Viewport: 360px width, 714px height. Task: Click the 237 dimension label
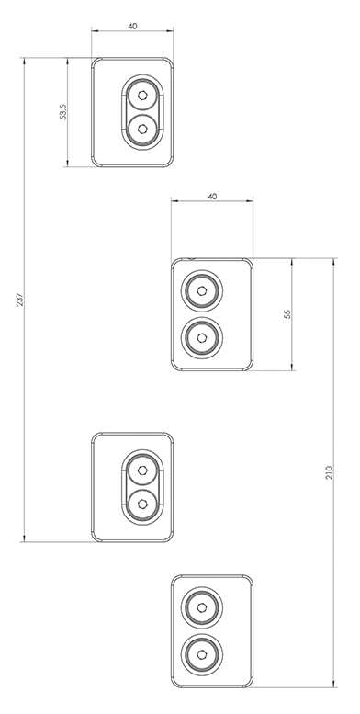click(x=19, y=300)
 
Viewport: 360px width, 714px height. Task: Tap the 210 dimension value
click(x=330, y=472)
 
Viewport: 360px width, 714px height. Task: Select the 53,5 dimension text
click(x=63, y=112)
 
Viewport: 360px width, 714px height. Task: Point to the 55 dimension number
click(x=287, y=314)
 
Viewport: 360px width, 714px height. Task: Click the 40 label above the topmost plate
click(x=132, y=27)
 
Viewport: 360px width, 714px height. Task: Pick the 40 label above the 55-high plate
click(x=212, y=197)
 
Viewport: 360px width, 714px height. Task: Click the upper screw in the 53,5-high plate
click(x=142, y=96)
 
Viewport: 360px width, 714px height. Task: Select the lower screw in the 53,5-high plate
click(x=142, y=130)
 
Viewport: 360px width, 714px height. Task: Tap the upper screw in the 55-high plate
click(x=202, y=290)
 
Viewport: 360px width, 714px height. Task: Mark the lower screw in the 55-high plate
click(x=202, y=337)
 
